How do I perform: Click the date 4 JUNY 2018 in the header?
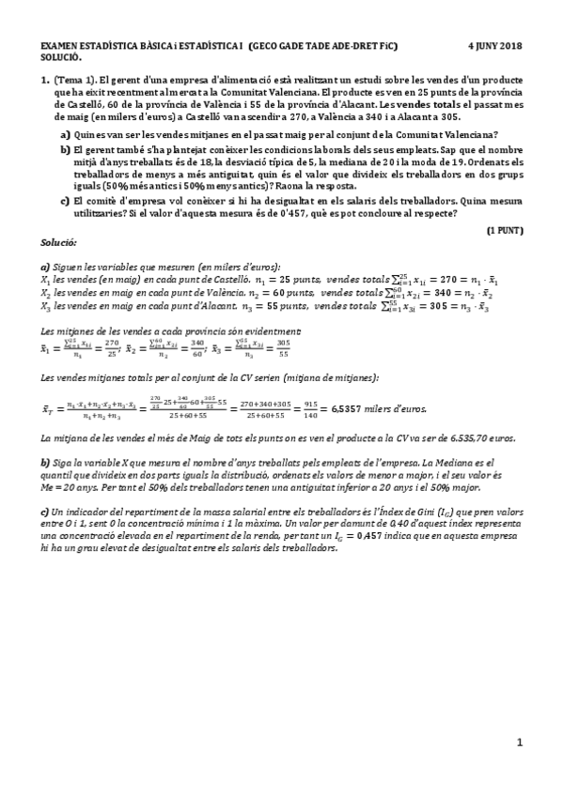click(x=494, y=45)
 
